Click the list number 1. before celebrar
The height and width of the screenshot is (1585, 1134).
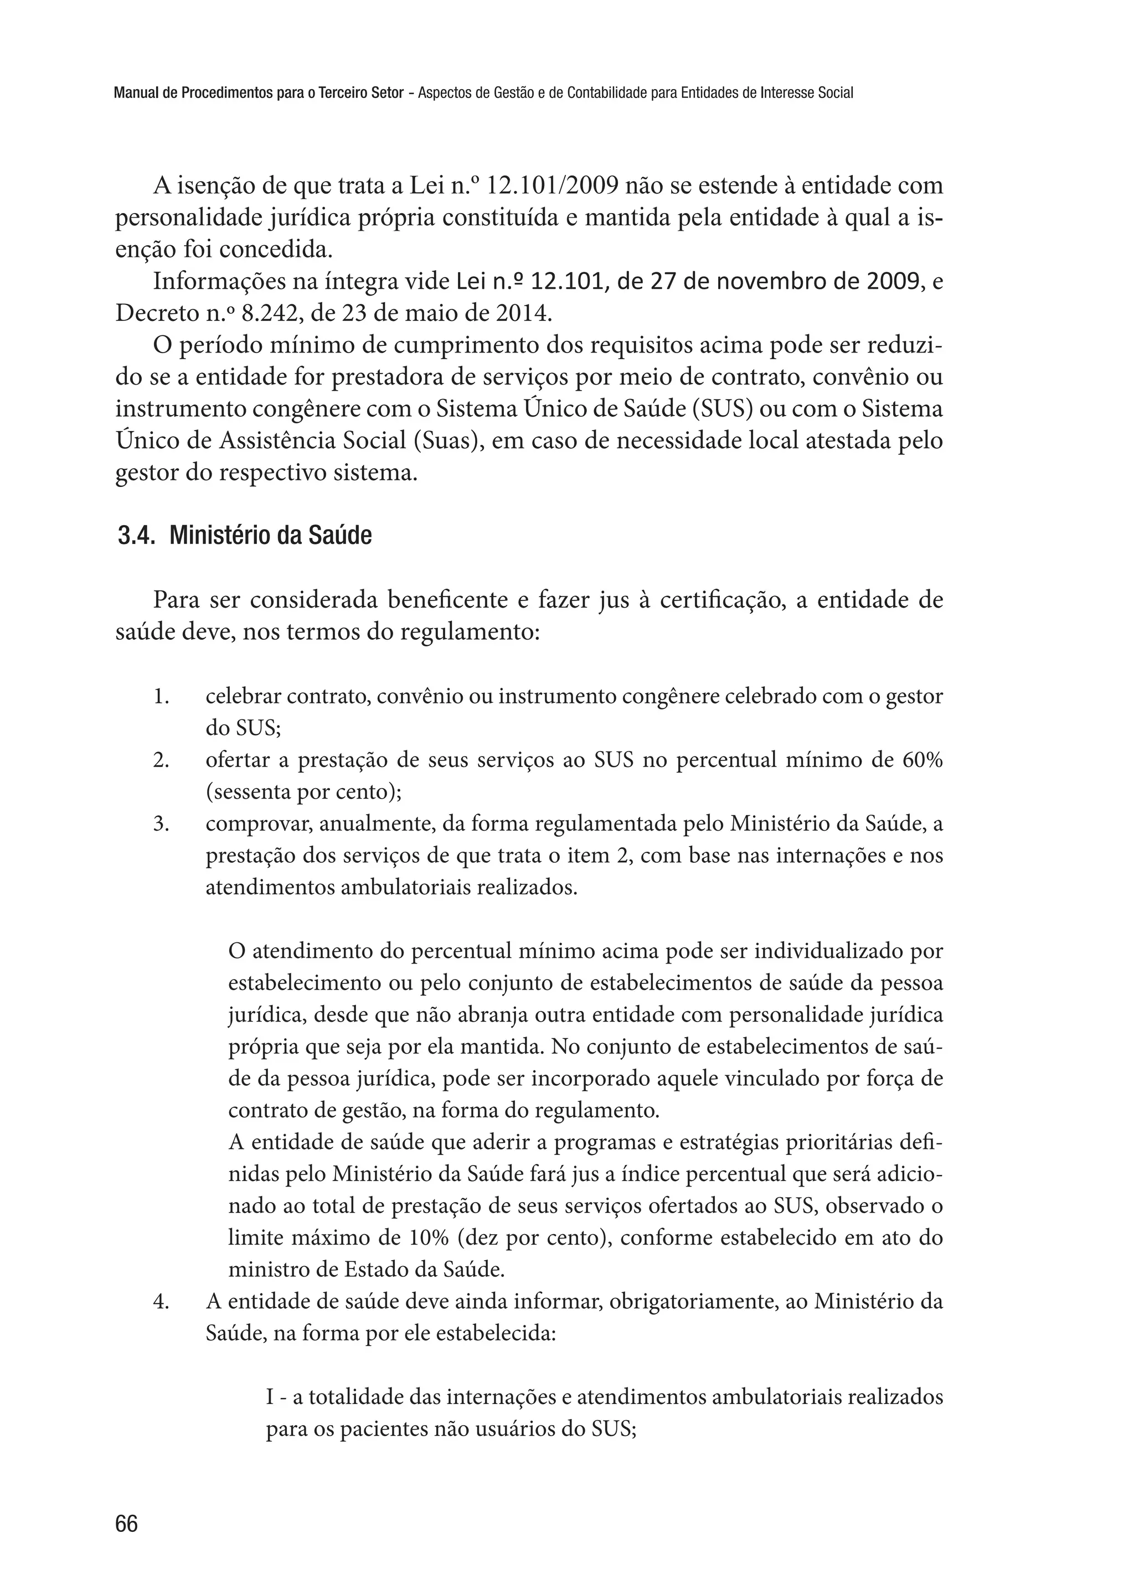click(161, 697)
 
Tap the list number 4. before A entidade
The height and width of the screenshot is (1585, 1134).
click(161, 1302)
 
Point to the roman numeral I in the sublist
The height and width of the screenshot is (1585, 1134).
click(270, 1398)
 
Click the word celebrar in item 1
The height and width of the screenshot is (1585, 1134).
click(244, 697)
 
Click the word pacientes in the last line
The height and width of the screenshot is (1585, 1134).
click(382, 1430)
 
